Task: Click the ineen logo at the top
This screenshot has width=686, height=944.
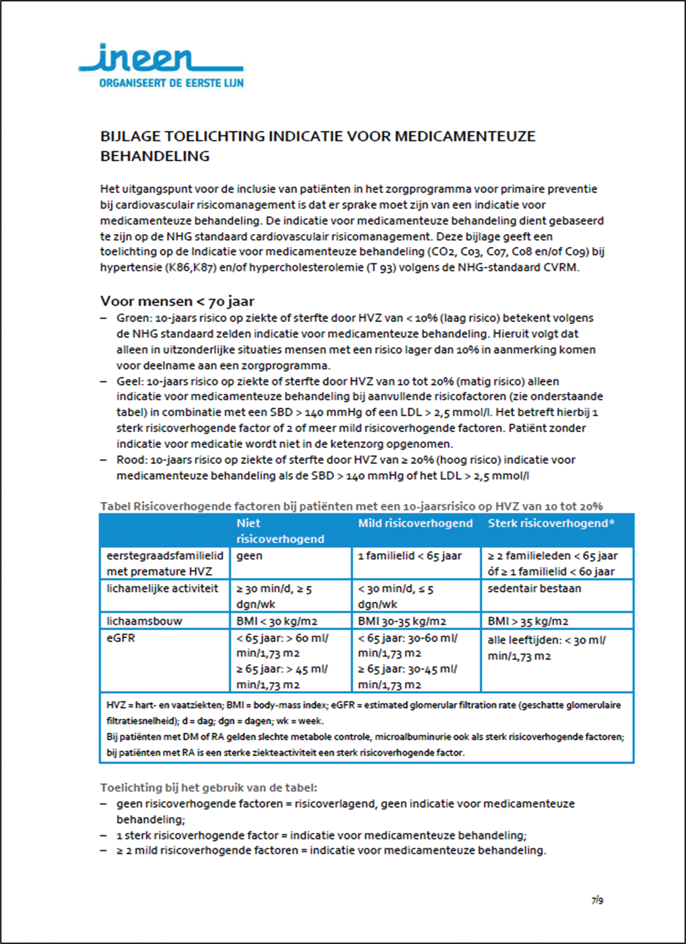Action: (x=161, y=58)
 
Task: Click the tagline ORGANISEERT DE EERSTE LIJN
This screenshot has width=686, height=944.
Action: (x=171, y=83)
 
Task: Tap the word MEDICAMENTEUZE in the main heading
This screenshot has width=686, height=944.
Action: (x=465, y=136)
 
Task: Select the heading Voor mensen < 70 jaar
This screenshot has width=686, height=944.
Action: (x=177, y=301)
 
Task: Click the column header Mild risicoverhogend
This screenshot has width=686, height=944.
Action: (x=415, y=523)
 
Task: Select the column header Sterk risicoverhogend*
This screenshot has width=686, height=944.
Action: (x=551, y=523)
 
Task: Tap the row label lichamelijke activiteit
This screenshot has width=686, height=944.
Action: (x=162, y=588)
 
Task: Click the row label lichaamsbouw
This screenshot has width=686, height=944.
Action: (x=144, y=621)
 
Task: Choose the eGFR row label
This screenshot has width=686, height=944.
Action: (x=120, y=638)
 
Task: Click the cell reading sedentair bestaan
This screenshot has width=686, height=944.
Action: (x=534, y=588)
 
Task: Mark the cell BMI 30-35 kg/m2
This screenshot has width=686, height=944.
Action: (x=401, y=621)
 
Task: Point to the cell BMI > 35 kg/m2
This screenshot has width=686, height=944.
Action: (x=528, y=621)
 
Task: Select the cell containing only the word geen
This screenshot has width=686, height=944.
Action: (x=249, y=556)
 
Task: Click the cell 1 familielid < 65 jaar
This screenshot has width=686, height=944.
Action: (x=410, y=556)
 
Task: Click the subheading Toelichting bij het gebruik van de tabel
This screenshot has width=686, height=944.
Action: (x=208, y=788)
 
